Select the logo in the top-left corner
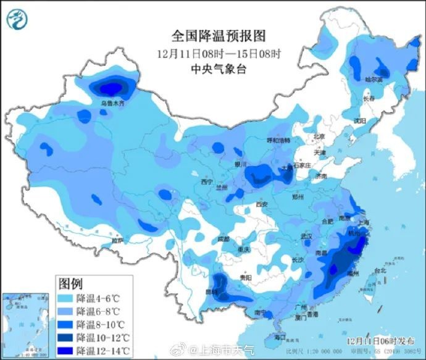(x=17, y=20)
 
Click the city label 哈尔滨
(x=374, y=79)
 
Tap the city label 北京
(x=319, y=137)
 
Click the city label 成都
(x=223, y=238)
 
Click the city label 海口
(x=280, y=337)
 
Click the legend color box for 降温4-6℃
(x=65, y=298)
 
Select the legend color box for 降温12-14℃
(x=65, y=351)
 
